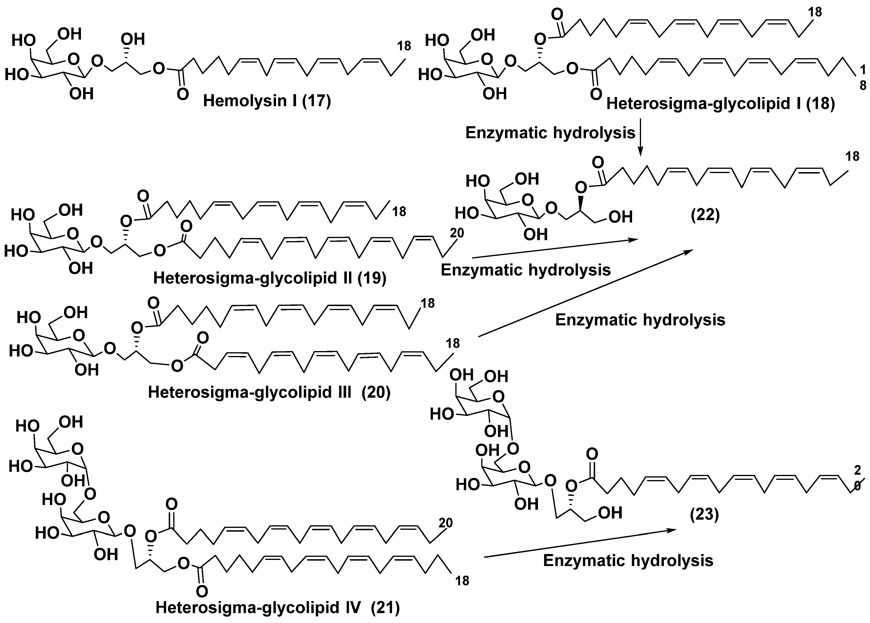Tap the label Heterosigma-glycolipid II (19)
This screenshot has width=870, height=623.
269,278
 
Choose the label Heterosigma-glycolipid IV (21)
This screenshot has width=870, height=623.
277,607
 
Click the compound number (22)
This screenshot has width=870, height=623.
705,216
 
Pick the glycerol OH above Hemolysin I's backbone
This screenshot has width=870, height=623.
133,39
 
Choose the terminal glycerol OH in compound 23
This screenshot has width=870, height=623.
610,513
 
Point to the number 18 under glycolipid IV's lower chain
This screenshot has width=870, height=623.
462,581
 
